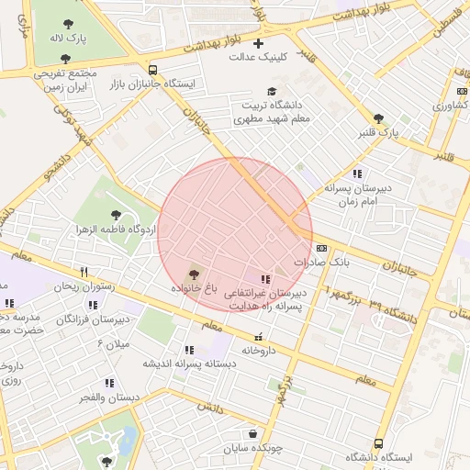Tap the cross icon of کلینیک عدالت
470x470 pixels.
coord(258,43)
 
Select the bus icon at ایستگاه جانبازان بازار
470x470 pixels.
coord(151,69)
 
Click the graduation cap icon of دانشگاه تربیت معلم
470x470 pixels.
coord(271,92)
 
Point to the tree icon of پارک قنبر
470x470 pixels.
coord(378,118)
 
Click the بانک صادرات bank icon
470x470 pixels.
coord(321,248)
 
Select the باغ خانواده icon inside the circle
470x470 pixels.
coord(193,274)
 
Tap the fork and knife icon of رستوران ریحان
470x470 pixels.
coord(84,272)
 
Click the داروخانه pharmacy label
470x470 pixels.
coord(259,351)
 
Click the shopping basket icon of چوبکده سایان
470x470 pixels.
coord(252,433)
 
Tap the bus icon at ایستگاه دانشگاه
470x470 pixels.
coord(379,443)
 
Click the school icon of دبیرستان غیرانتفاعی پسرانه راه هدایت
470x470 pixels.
coord(265,278)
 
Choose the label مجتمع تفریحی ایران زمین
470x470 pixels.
coord(64,78)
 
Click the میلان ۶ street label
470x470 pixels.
coord(113,343)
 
